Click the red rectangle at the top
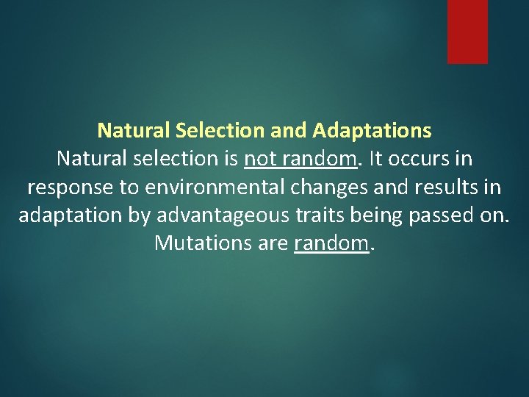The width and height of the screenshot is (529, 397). coord(467,31)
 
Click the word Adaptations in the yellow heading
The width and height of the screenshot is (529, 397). coord(372,131)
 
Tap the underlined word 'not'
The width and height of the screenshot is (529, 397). coord(257,160)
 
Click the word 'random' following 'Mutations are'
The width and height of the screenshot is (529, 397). coord(331,243)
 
